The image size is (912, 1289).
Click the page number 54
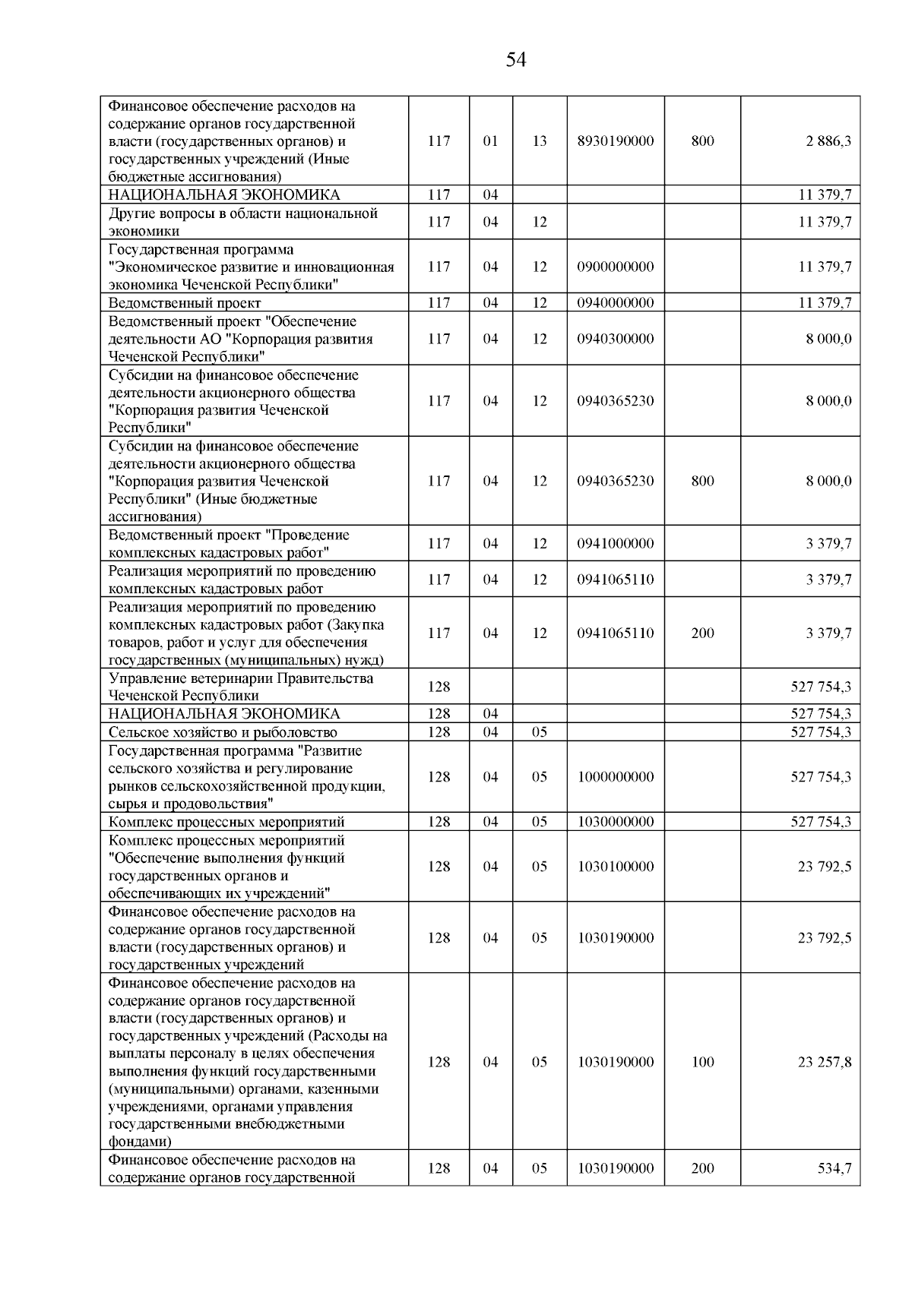click(x=515, y=60)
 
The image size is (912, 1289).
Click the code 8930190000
click(x=616, y=141)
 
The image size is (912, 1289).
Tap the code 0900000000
click(x=616, y=267)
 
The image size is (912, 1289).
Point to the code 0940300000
click(x=616, y=339)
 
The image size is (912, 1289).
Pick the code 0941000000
click(x=616, y=544)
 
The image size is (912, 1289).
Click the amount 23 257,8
click(x=824, y=1062)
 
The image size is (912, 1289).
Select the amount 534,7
click(x=834, y=1168)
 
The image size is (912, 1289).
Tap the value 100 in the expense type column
click(x=702, y=1062)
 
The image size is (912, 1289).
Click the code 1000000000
click(x=616, y=776)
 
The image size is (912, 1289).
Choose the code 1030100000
click(x=616, y=867)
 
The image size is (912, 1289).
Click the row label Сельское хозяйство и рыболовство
click(x=223, y=732)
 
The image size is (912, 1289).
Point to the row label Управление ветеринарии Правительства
click(x=241, y=678)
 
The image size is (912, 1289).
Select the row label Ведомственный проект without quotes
click(x=185, y=303)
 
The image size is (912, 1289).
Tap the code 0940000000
click(x=616, y=303)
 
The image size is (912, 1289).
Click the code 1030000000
click(x=616, y=822)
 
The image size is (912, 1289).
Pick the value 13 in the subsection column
click(x=540, y=141)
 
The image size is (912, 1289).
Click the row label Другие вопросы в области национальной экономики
click(x=243, y=222)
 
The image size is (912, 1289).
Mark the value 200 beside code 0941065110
click(x=702, y=633)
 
